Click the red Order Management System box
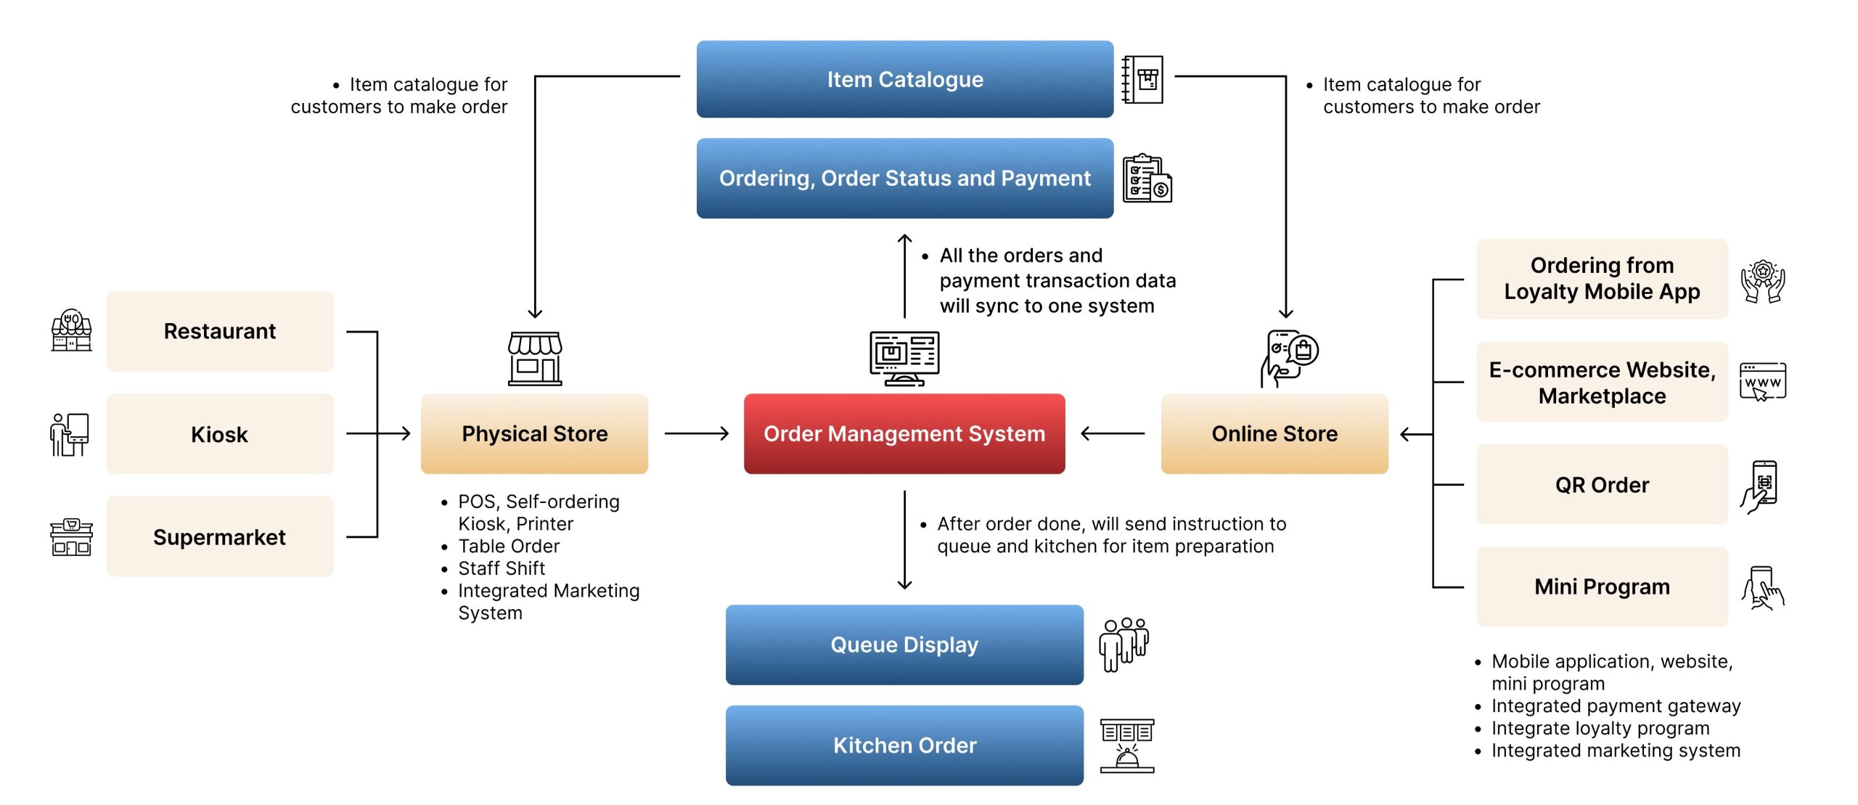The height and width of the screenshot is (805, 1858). point(904,433)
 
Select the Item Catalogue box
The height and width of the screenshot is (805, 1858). point(904,79)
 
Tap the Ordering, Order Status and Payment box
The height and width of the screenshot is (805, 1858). point(904,178)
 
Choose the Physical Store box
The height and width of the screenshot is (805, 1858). point(534,433)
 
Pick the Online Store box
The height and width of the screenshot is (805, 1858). point(1274,433)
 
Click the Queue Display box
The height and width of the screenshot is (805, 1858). point(904,645)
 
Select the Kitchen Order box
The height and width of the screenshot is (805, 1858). point(904,745)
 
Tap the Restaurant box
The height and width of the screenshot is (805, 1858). point(219,331)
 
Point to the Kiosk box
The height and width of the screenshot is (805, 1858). point(219,434)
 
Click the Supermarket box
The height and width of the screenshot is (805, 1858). point(219,536)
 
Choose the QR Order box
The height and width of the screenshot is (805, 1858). point(1601,484)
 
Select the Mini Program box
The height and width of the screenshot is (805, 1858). point(1601,586)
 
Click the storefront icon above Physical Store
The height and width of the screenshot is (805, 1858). point(535,358)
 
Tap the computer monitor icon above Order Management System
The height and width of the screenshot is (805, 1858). point(904,358)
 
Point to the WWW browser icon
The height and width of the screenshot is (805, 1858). point(1762,382)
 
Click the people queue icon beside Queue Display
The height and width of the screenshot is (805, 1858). point(1124,644)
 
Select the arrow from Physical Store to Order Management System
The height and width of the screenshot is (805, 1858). point(696,433)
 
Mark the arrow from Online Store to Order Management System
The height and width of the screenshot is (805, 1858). point(1113,433)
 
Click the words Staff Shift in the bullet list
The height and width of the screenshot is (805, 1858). point(502,568)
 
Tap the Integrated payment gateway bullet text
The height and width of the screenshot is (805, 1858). point(1616,706)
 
